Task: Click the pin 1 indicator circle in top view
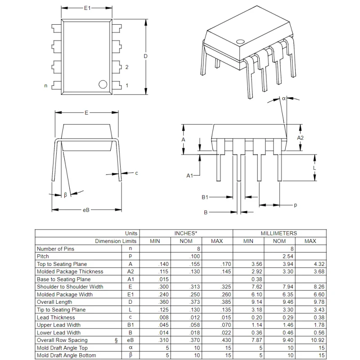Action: click(103, 84)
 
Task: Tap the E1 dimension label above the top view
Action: click(87, 9)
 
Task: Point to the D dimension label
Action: click(145, 56)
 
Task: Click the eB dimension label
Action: click(86, 210)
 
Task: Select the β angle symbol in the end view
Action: click(65, 195)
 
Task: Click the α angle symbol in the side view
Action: click(284, 98)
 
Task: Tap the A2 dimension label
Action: click(301, 138)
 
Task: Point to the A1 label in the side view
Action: click(189, 175)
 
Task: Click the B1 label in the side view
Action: click(205, 197)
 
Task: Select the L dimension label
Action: click(315, 168)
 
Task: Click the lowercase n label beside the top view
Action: click(45, 85)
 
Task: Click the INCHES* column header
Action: click(185, 234)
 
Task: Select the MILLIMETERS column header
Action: click(279, 234)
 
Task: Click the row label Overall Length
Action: click(54, 302)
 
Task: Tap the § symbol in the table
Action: click(117, 340)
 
